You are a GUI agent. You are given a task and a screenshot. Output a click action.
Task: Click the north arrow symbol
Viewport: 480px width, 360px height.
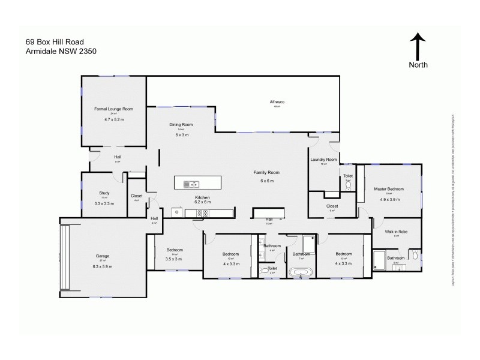point(418,46)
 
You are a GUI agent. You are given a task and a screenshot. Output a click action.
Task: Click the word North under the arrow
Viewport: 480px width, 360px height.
point(418,65)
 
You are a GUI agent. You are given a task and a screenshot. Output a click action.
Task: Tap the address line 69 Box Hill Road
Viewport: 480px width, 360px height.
point(55,41)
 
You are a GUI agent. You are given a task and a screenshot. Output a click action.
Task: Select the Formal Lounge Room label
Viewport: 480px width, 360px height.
point(113,109)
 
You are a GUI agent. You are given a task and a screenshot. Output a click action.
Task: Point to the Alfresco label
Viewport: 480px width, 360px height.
point(277,103)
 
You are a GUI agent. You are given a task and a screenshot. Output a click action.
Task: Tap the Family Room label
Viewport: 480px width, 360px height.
point(266,172)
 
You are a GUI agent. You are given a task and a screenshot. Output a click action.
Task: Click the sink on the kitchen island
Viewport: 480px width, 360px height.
point(187,184)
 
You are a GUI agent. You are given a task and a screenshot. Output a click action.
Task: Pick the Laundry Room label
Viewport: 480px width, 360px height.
point(322,160)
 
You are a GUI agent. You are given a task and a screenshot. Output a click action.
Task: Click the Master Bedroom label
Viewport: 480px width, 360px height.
point(389,189)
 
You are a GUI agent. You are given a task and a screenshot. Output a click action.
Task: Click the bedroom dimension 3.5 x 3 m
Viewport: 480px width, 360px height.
point(174,259)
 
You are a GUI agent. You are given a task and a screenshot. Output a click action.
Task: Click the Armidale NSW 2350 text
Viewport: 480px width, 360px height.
point(61,51)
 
